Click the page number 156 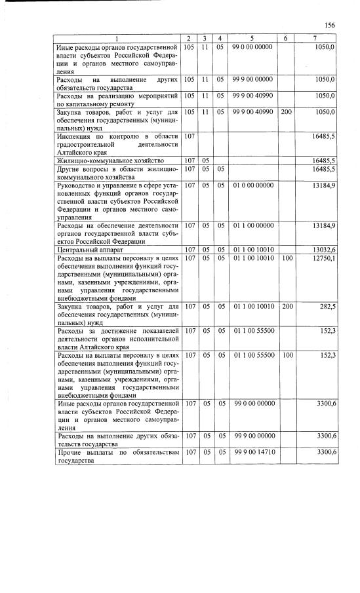pos(329,25)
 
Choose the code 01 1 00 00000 pos(254,225)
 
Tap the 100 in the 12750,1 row pos(287,258)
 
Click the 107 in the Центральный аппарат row pos(190,250)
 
